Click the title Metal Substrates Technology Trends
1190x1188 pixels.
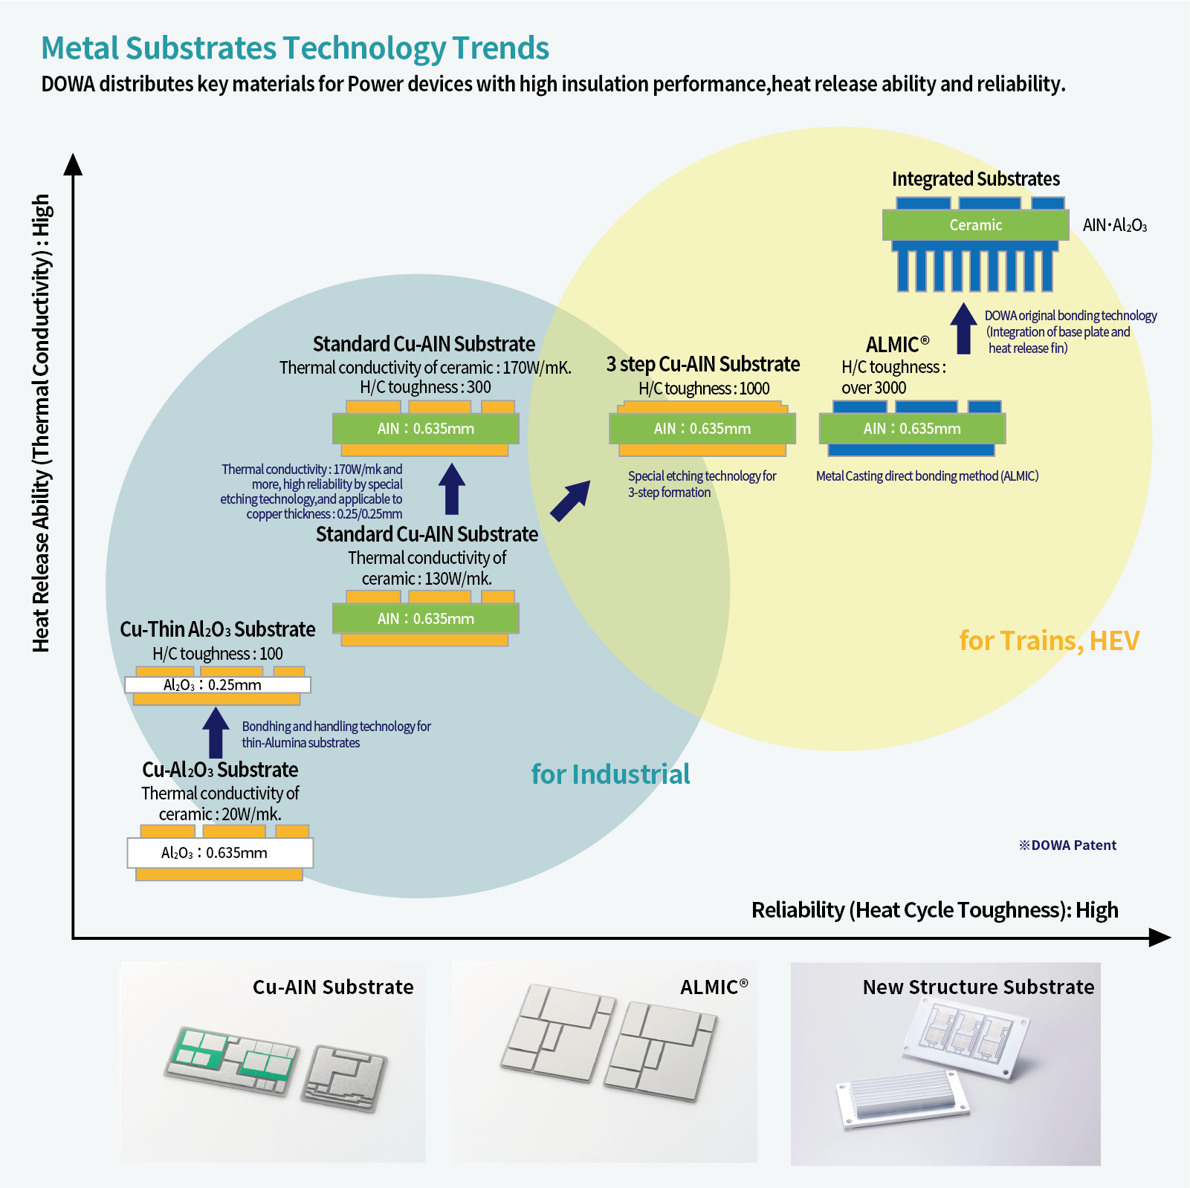[295, 48]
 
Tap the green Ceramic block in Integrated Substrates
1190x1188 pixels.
[975, 225]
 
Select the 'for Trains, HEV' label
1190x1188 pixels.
[1049, 640]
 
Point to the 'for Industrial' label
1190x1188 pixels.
[610, 774]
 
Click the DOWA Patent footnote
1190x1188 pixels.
[1067, 845]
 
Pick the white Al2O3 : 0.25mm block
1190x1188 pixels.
[217, 685]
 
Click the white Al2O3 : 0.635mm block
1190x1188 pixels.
[220, 853]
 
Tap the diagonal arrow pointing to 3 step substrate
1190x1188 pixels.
[570, 500]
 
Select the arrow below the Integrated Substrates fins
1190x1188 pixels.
[963, 328]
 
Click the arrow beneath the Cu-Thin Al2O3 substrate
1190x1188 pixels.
[216, 732]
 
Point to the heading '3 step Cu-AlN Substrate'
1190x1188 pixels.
[703, 364]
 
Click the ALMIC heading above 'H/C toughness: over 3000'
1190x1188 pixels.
[897, 345]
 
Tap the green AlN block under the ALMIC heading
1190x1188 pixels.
[912, 429]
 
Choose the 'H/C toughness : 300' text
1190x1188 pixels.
[425, 387]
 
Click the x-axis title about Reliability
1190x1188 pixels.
[934, 910]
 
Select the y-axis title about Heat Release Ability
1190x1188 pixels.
[42, 423]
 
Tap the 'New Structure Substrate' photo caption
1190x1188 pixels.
[978, 987]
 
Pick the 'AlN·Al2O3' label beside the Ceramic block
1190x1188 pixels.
[1114, 225]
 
